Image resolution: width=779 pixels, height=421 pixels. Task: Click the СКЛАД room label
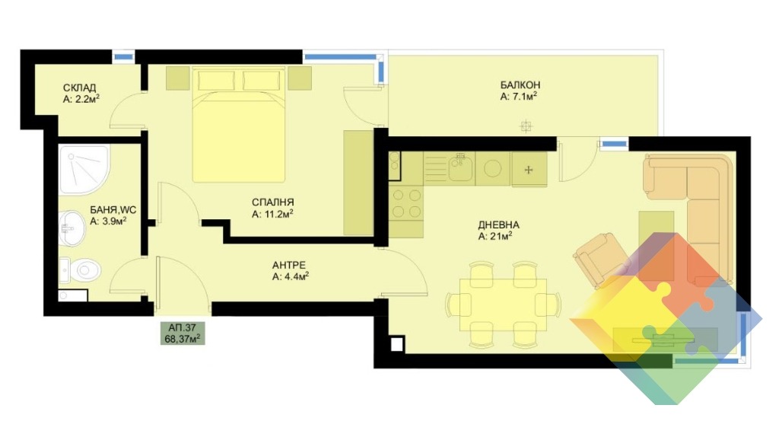pyautogui.click(x=79, y=88)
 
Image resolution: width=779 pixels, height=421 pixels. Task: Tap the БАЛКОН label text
pyautogui.click(x=520, y=85)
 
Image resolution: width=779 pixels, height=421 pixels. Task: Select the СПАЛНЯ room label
pyautogui.click(x=273, y=203)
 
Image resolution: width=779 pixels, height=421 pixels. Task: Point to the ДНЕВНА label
pyautogui.click(x=498, y=225)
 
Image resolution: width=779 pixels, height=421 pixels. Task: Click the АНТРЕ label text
pyautogui.click(x=288, y=265)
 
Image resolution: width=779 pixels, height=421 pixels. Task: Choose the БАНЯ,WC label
pyautogui.click(x=113, y=210)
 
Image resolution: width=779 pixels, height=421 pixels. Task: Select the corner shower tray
pyautogui.click(x=84, y=170)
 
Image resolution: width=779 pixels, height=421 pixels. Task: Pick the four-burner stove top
pyautogui.click(x=406, y=203)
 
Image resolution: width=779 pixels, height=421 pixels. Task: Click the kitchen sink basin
pyautogui.click(x=460, y=168)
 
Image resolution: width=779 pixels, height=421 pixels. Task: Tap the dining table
pyautogui.click(x=503, y=305)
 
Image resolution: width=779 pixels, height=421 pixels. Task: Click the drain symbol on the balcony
pyautogui.click(x=526, y=126)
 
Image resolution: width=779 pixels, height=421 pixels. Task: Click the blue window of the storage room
pyautogui.click(x=123, y=56)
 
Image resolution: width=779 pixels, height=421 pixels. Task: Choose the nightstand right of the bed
pyautogui.click(x=300, y=78)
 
